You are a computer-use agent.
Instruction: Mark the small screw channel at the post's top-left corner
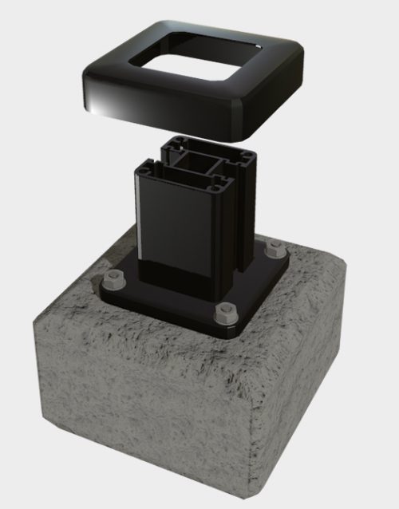[141, 167]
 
